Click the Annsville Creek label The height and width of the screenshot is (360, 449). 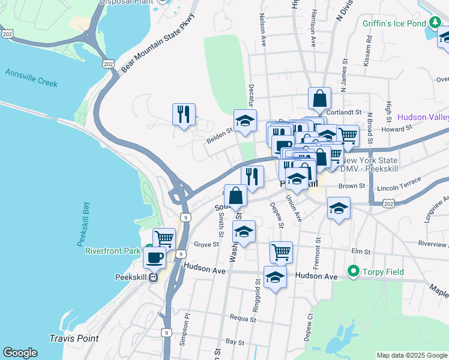click(x=31, y=79)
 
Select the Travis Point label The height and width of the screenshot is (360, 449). click(x=74, y=338)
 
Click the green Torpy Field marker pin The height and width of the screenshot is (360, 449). click(x=353, y=272)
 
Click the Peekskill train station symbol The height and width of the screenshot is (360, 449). click(x=154, y=277)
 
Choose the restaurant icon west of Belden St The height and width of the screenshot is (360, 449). click(x=184, y=113)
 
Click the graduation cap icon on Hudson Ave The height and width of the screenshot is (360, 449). click(x=275, y=277)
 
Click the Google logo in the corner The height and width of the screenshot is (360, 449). click(x=20, y=353)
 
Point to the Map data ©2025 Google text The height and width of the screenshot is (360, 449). click(x=411, y=355)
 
